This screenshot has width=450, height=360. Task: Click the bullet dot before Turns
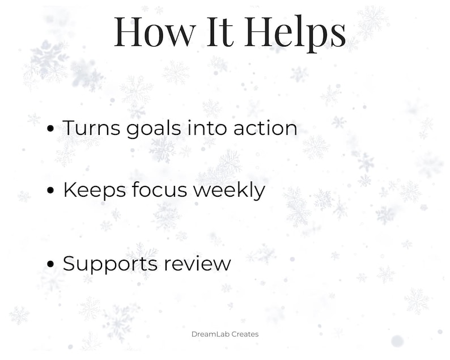point(51,129)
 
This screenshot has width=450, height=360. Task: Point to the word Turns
point(90,128)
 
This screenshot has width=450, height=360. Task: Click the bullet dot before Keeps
point(51,191)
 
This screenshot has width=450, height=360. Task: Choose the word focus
point(160,190)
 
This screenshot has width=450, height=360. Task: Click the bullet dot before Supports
point(51,264)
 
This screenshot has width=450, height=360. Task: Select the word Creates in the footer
point(245,334)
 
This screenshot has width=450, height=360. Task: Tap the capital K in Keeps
point(70,190)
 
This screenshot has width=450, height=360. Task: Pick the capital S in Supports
point(69,264)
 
